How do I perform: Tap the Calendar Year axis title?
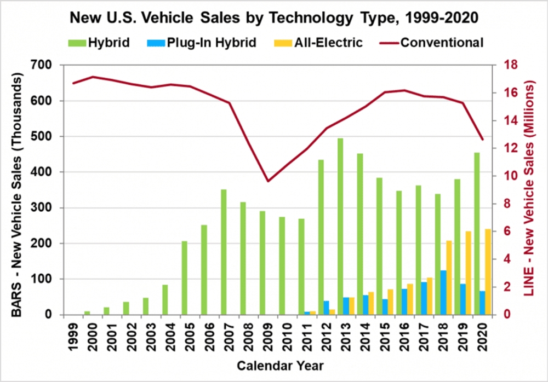[x=275, y=364]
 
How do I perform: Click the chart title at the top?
[x=275, y=18]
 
